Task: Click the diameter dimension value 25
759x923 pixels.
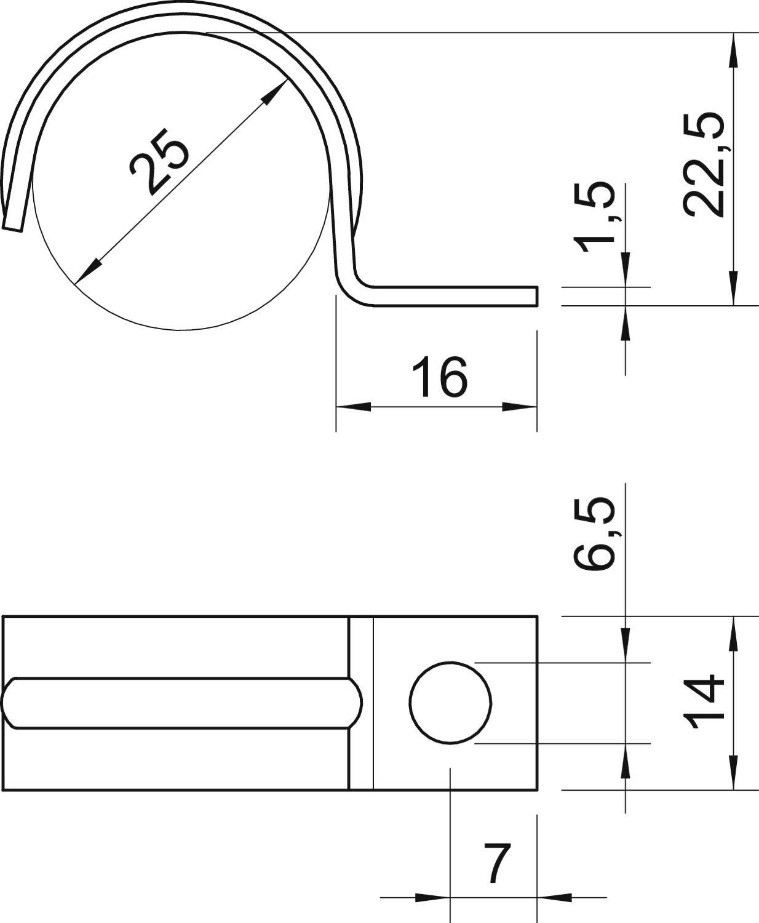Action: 158,164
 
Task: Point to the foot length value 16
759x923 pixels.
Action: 439,377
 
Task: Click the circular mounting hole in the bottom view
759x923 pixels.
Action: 450,702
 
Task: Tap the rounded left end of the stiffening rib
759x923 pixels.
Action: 7,703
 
